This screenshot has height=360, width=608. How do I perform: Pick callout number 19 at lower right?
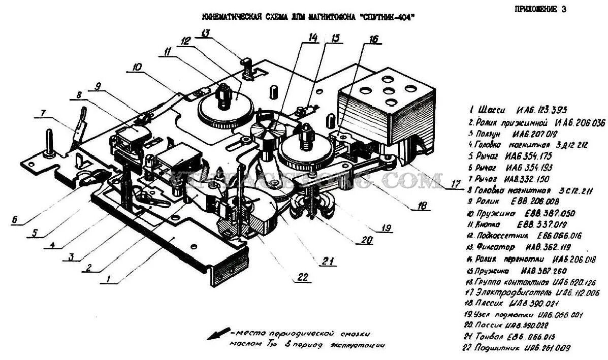click(387, 228)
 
